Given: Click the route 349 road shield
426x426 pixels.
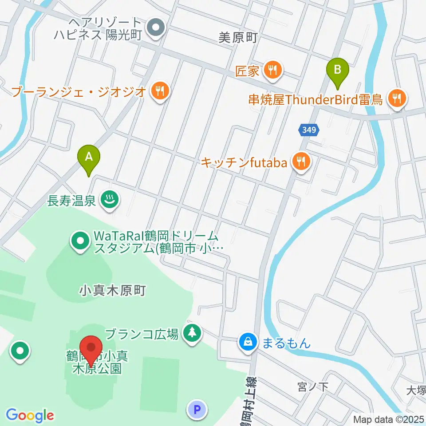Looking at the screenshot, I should pyautogui.click(x=308, y=130).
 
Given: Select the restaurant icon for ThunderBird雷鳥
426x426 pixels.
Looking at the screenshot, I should pyautogui.click(x=396, y=99).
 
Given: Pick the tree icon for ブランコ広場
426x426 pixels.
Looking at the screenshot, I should pyautogui.click(x=192, y=332).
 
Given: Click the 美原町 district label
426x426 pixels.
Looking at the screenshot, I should pyautogui.click(x=238, y=39).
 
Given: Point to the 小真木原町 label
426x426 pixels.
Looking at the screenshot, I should pyautogui.click(x=112, y=291).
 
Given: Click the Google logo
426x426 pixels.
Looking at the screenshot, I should pyautogui.click(x=30, y=415).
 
